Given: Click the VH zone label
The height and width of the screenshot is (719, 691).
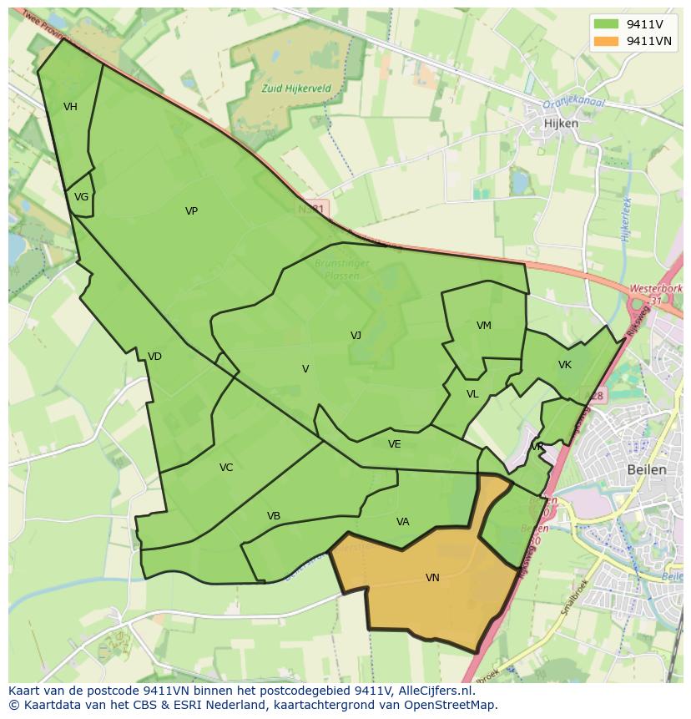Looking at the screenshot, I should click(x=70, y=107).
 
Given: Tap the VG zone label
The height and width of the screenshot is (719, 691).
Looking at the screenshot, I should click(x=81, y=198).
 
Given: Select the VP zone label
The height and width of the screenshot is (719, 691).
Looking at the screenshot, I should click(x=191, y=211).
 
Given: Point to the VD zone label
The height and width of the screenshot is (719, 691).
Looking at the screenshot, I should click(x=154, y=357).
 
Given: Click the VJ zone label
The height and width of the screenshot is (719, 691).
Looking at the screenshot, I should click(x=356, y=336).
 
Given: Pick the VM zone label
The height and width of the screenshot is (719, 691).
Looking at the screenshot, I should click(x=483, y=326).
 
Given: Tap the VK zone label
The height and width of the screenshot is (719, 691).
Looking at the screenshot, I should click(x=565, y=365).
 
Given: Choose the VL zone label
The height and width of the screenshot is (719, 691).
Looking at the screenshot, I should click(x=472, y=394).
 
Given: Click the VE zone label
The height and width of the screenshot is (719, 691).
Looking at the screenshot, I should click(x=394, y=444).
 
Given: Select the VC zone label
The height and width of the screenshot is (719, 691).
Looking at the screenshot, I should click(x=226, y=468).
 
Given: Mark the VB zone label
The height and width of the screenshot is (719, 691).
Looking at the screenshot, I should click(x=273, y=516).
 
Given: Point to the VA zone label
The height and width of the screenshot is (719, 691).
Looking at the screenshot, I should click(x=402, y=522).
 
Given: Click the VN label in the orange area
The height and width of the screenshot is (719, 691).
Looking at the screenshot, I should click(x=432, y=578).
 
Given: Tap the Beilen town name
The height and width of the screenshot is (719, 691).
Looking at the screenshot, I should click(x=646, y=469).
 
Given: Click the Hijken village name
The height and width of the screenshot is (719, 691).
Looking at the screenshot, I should click(x=560, y=123).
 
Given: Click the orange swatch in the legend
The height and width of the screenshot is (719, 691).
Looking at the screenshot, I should click(x=608, y=41).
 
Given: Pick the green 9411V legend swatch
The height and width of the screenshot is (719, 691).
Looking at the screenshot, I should click(x=608, y=24).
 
